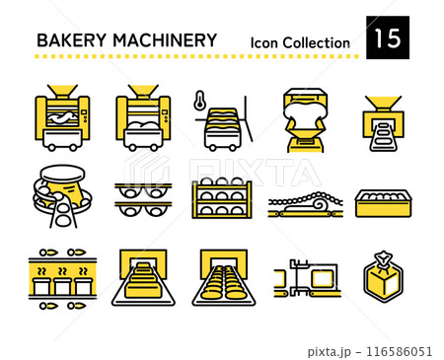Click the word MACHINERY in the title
[162, 40]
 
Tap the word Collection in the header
[316, 42]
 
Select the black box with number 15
[386, 38]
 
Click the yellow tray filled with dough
[383, 202]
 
